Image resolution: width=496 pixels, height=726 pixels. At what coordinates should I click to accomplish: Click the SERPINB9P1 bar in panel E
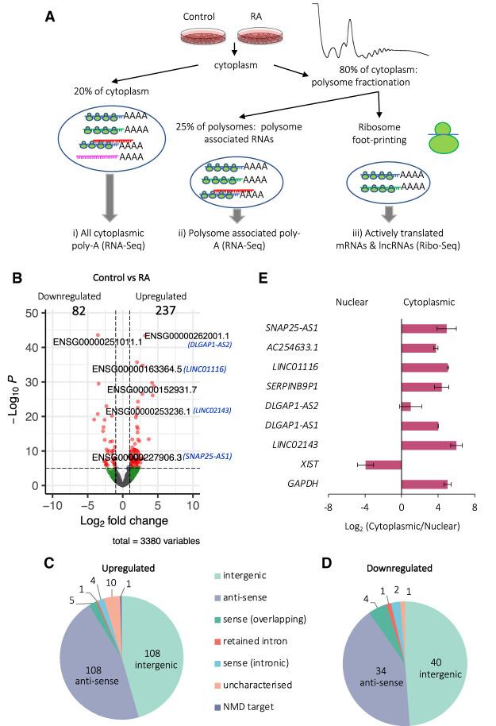point(421,387)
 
